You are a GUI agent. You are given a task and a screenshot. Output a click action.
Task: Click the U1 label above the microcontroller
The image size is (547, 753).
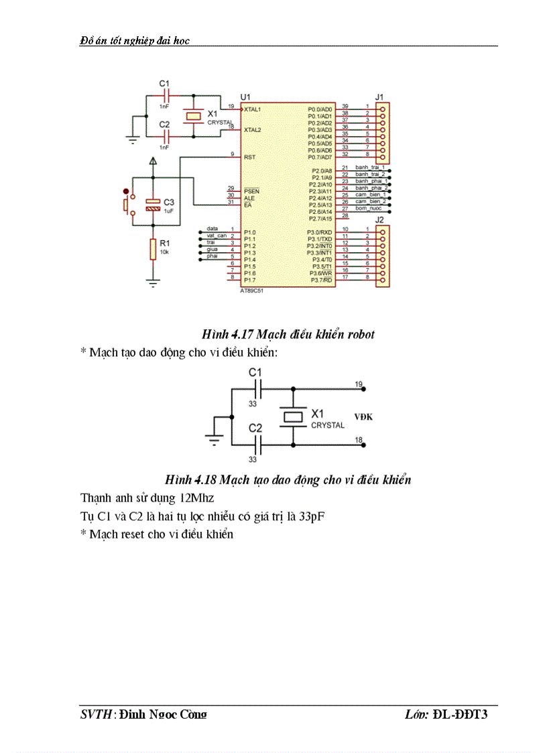click(245, 98)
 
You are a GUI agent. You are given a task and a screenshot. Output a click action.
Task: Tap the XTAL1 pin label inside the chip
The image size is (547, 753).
click(253, 108)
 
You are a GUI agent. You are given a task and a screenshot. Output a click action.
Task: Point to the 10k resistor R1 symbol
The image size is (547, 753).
click(154, 249)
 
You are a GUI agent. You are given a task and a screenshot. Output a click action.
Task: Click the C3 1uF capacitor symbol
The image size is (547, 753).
click(154, 205)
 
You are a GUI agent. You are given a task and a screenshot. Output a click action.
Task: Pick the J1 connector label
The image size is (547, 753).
click(379, 97)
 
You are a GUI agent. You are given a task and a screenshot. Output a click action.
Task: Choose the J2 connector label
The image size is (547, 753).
click(379, 220)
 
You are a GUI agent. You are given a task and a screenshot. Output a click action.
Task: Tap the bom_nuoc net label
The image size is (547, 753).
click(369, 208)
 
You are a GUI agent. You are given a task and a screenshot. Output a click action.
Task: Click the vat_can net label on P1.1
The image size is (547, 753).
click(216, 236)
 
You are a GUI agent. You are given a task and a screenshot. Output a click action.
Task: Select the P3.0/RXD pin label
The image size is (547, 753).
click(320, 232)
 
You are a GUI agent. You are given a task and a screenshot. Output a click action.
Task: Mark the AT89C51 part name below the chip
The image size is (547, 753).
click(253, 292)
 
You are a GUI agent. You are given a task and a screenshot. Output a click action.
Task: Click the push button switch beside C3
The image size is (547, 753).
click(127, 204)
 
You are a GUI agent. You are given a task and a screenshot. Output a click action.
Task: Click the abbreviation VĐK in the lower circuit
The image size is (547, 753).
click(363, 417)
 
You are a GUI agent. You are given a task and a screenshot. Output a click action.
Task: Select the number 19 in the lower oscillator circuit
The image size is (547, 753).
click(359, 384)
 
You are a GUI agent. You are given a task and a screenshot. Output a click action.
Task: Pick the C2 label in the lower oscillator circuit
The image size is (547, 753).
click(255, 428)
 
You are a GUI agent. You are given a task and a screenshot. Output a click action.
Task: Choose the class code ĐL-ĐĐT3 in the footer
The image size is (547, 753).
click(460, 715)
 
